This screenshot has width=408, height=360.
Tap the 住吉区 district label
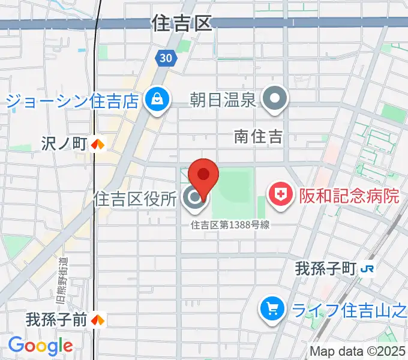(x=183, y=23)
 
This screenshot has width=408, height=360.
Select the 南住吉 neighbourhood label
(x=258, y=137)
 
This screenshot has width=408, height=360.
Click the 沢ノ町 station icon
(x=98, y=144)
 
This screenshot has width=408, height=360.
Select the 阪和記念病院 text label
(x=341, y=196)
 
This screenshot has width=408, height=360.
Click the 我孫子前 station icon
(x=98, y=320)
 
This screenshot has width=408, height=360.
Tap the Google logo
(x=40, y=346)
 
